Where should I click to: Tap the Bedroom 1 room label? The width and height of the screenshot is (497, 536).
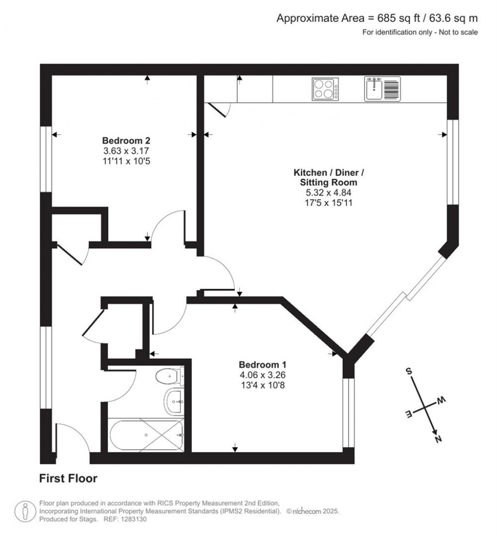[x=265, y=365]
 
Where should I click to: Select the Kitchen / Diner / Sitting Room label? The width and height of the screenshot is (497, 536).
[x=325, y=177]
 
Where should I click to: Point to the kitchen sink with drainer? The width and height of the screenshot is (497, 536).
[x=382, y=89]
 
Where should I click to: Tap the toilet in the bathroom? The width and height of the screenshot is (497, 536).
[x=170, y=376]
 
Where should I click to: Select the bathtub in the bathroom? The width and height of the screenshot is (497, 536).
[x=146, y=435]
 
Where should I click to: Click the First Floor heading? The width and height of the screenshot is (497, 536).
[x=68, y=479]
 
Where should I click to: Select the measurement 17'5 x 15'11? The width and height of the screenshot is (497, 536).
[x=325, y=202]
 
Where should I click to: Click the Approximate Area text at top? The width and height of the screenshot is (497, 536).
[x=377, y=18]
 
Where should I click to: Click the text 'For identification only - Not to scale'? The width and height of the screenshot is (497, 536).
[x=420, y=33]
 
